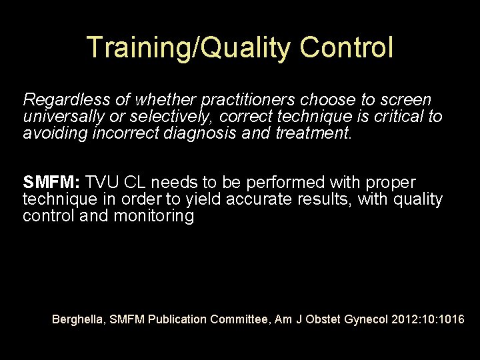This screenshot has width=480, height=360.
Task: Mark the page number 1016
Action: (451, 319)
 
